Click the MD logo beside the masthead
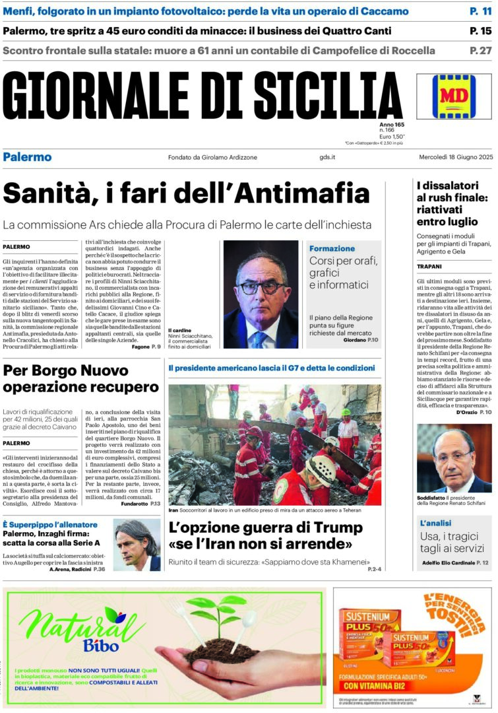tap(454, 96)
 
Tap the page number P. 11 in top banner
tap(480, 11)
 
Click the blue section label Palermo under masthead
tap(27, 157)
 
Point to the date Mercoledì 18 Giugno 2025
tap(456, 157)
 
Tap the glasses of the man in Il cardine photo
tap(259, 288)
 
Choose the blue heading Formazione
tap(332, 248)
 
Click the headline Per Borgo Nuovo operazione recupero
tap(81, 378)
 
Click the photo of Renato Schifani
tap(454, 459)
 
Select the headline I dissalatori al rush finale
tap(452, 203)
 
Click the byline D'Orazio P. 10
tap(474, 412)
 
